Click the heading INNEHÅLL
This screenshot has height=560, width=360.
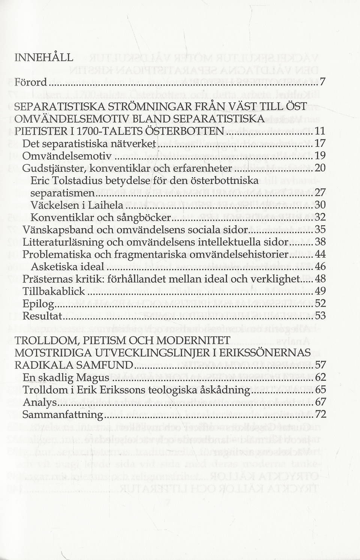(43, 57)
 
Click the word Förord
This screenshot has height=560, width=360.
(30, 82)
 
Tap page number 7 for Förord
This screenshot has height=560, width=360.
(322, 82)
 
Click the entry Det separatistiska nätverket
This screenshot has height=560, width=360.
(89, 144)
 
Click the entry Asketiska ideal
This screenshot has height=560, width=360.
(67, 267)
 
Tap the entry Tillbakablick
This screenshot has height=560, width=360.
(54, 291)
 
